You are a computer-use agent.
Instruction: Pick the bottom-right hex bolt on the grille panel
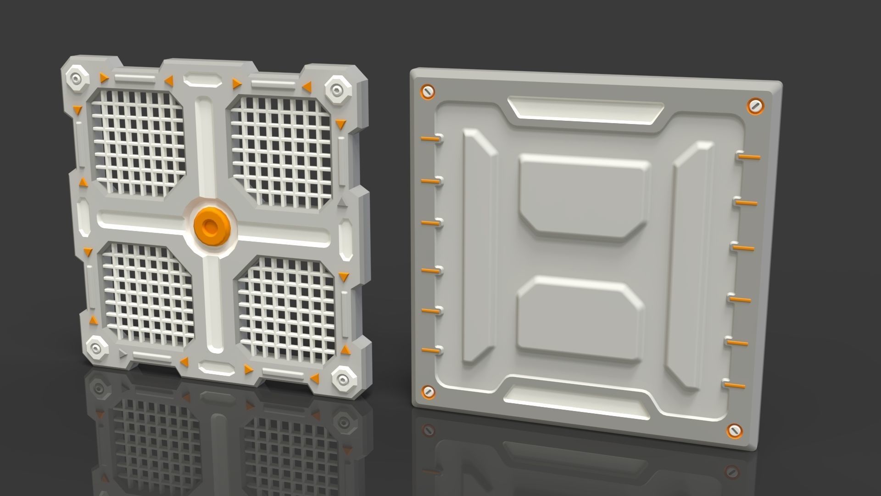coord(342,379)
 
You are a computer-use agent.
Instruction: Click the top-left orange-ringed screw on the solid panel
coord(427,92)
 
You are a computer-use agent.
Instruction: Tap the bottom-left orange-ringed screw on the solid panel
coord(427,392)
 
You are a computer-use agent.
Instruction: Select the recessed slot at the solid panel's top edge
coord(585,112)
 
